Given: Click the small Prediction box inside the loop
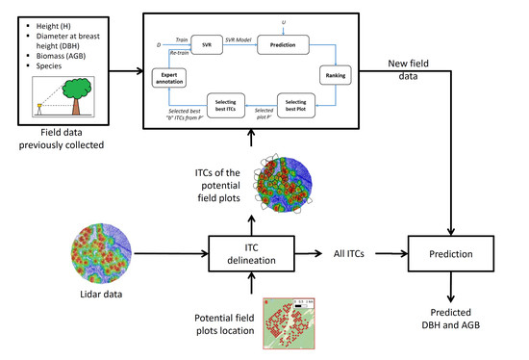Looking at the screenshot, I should pyautogui.click(x=295, y=44).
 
